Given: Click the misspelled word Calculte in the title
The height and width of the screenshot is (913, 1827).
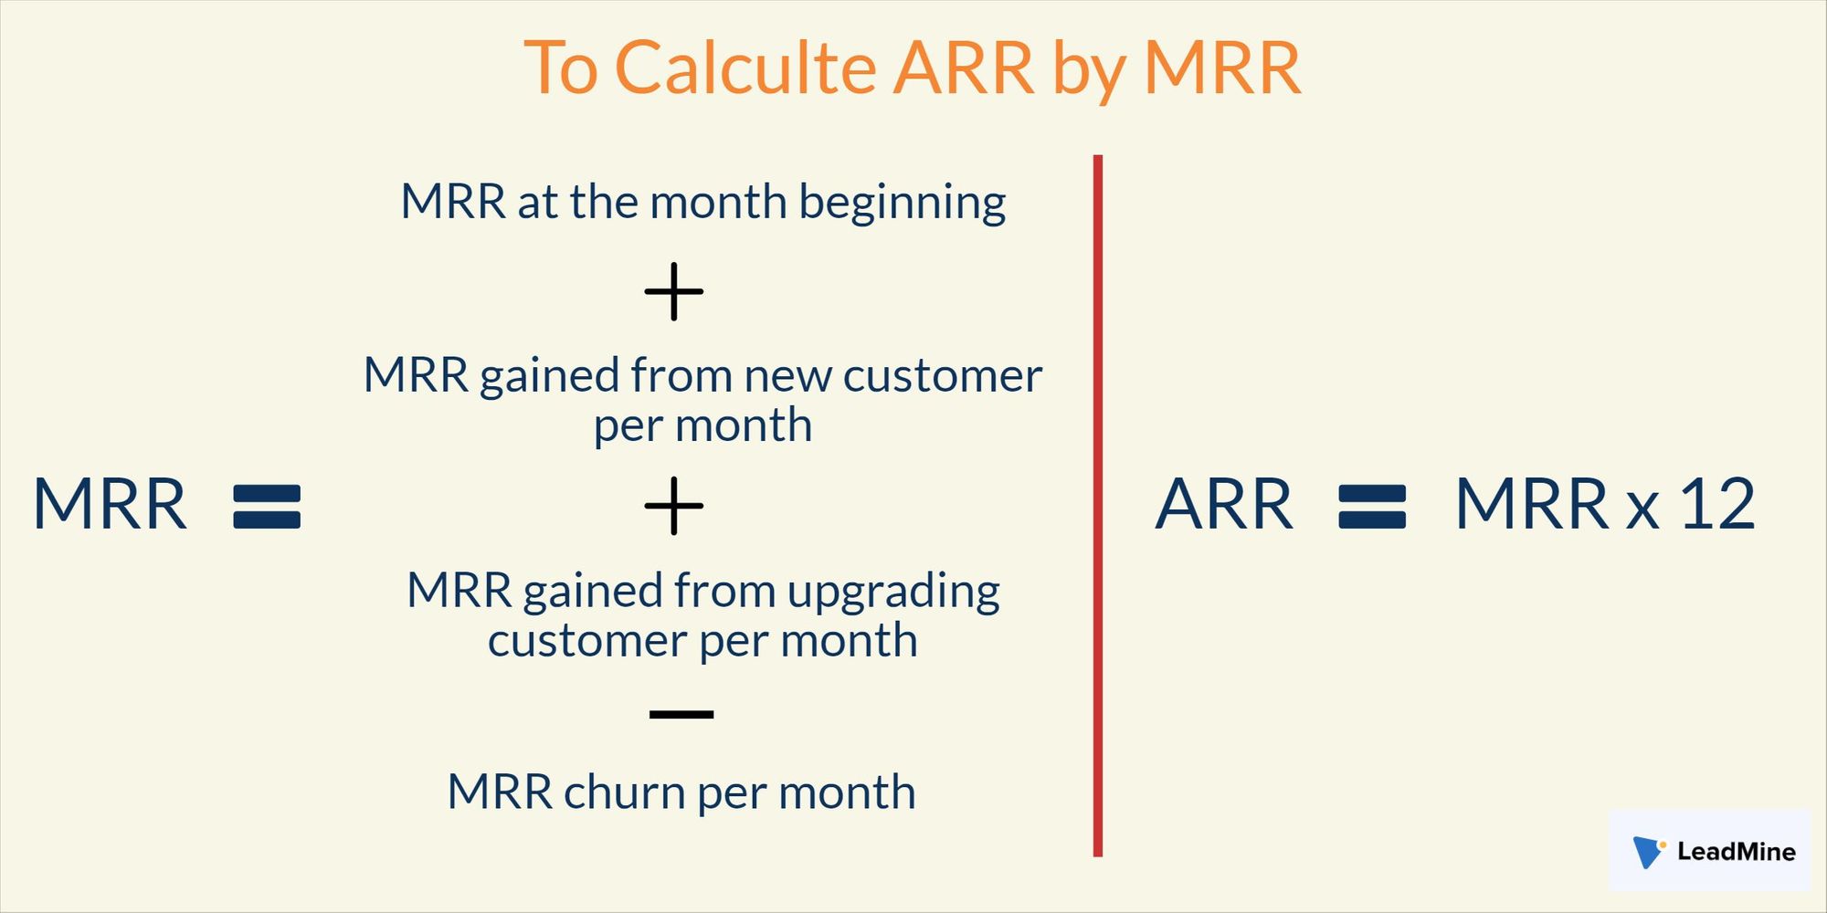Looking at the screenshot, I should pos(745,68).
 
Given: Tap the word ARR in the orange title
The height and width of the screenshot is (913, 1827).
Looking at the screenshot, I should pos(963,68).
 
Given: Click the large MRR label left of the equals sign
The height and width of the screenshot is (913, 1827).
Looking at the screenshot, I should pos(110,504).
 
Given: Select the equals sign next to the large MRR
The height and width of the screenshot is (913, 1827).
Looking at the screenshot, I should pos(267,507).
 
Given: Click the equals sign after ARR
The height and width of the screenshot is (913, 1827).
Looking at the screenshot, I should pos(1372,507).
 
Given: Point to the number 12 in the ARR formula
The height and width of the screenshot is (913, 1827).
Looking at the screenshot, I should pos(1717,504).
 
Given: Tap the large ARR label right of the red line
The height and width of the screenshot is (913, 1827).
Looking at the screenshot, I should pos(1224,504).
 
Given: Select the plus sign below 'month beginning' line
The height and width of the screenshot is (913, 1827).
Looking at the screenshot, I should pos(674,292).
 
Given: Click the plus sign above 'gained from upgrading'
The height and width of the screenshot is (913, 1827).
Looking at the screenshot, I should pos(674,506).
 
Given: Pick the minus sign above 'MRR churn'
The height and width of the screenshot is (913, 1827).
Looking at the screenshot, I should pos(681,714).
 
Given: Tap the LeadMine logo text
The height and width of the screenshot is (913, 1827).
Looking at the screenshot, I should pos(1736,852).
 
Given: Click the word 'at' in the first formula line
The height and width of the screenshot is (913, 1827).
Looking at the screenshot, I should pos(538,203).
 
